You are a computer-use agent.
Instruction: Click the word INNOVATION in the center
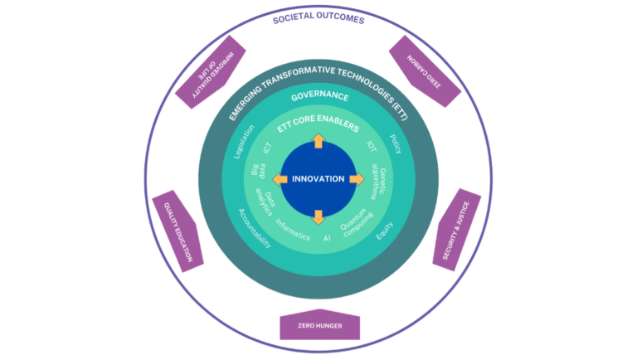pyautogui.click(x=318, y=179)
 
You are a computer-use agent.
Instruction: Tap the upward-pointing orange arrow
pyautogui.click(x=318, y=142)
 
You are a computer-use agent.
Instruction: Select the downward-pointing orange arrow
pyautogui.click(x=318, y=217)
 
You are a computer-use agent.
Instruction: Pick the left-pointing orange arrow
pyautogui.click(x=280, y=179)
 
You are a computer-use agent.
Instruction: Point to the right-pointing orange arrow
pyautogui.click(x=357, y=179)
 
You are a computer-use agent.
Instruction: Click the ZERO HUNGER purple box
pyautogui.click(x=320, y=327)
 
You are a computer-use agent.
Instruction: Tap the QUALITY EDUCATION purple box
pyautogui.click(x=177, y=232)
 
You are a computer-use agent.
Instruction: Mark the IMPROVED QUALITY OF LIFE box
pyautogui.click(x=207, y=74)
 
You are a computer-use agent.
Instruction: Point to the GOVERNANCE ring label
pyautogui.click(x=319, y=98)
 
